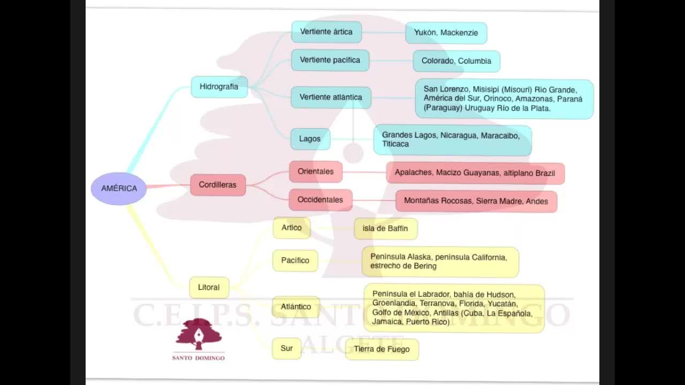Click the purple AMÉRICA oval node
pyautogui.click(x=119, y=188)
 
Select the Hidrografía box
pyautogui.click(x=219, y=87)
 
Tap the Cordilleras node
pyautogui.click(x=218, y=185)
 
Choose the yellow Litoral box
pyautogui.click(x=209, y=287)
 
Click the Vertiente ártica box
pyautogui.click(x=326, y=32)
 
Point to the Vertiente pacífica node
pyautogui.click(x=330, y=60)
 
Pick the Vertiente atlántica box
pyautogui.click(x=331, y=97)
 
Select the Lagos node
pyautogui.click(x=310, y=139)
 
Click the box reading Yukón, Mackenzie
pyautogui.click(x=446, y=33)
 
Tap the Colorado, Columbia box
pyautogui.click(x=456, y=61)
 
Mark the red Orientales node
pyautogui.click(x=316, y=172)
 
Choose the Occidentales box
pyautogui.click(x=320, y=200)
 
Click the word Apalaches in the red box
pyautogui.click(x=413, y=173)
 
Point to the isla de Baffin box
pyautogui.click(x=385, y=229)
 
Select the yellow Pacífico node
pyautogui.click(x=295, y=260)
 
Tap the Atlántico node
pyautogui.click(x=296, y=307)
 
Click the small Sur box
pyautogui.click(x=286, y=349)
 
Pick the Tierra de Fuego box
pyautogui.click(x=382, y=349)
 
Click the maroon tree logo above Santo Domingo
pyautogui.click(x=199, y=334)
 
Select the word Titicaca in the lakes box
pyautogui.click(x=395, y=144)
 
